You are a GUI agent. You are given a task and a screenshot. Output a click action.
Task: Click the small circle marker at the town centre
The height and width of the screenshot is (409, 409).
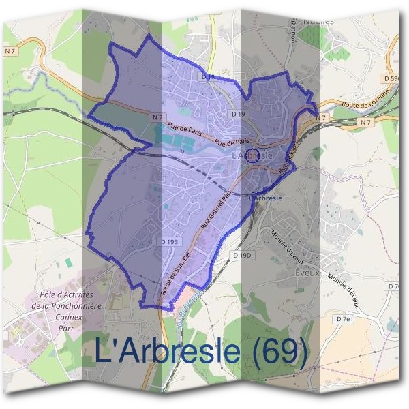pyautogui.click(x=252, y=156)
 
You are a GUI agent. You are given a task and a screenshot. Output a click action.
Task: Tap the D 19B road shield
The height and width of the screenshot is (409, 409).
pyautogui.click(x=170, y=242)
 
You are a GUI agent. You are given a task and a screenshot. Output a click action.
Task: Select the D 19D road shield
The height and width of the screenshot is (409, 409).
pyautogui.click(x=242, y=255)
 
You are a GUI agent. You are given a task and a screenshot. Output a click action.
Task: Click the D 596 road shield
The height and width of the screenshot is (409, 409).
pyautogui.click(x=391, y=79)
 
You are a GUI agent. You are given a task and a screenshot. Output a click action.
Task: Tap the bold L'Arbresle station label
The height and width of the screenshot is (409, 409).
pyautogui.click(x=266, y=198)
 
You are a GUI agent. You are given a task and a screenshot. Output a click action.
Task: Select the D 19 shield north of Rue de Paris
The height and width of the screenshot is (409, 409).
pyautogui.click(x=238, y=114)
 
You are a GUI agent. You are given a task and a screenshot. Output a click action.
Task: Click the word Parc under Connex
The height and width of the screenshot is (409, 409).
pyautogui.click(x=65, y=327)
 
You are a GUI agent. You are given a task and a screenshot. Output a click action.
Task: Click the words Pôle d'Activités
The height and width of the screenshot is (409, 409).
pyautogui.click(x=66, y=295)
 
